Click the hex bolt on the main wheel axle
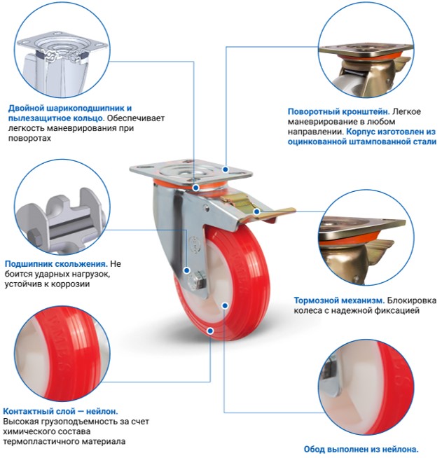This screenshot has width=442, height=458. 198,281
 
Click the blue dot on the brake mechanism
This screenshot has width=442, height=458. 256,211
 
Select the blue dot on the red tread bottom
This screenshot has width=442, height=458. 210,331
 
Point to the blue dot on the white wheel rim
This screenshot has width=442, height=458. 225,305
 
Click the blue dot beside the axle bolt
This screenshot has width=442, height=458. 187,270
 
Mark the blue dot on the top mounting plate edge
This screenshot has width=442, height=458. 226,169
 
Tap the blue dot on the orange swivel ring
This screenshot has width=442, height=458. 196,187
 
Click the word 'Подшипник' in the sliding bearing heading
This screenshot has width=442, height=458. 27,264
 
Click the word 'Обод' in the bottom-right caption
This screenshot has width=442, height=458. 314,449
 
